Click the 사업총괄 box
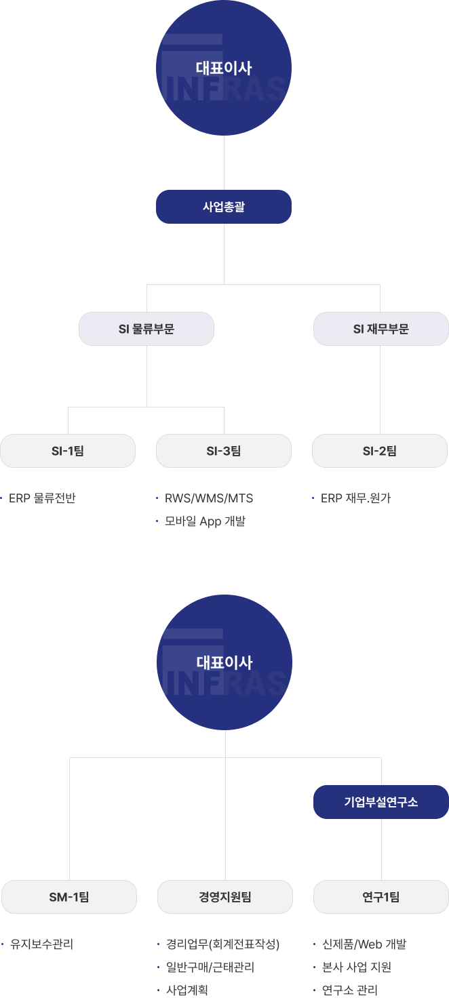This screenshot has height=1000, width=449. pyautogui.click(x=224, y=207)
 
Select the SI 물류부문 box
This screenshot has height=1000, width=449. pyautogui.click(x=147, y=329)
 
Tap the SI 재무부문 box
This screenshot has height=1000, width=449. pyautogui.click(x=380, y=329)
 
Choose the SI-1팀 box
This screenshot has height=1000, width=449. pyautogui.click(x=68, y=451)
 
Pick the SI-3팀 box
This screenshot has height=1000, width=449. pyautogui.click(x=224, y=451)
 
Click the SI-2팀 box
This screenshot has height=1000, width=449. pyautogui.click(x=380, y=451)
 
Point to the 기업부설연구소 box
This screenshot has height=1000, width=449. pyautogui.click(x=380, y=802)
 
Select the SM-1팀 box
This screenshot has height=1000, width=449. pyautogui.click(x=69, y=897)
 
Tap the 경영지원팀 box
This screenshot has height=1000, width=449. pyautogui.click(x=225, y=897)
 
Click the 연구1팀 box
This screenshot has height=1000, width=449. pyautogui.click(x=381, y=897)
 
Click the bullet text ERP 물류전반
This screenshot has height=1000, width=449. pyautogui.click(x=42, y=498)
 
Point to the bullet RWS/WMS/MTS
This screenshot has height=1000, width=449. pyautogui.click(x=209, y=498)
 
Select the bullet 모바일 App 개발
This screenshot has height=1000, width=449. pyautogui.click(x=205, y=521)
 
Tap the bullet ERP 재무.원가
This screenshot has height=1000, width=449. pyautogui.click(x=355, y=498)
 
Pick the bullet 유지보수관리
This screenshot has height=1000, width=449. pyautogui.click(x=41, y=944)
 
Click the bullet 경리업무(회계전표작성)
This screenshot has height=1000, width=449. pyautogui.click(x=222, y=944)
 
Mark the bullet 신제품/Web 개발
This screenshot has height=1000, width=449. pyautogui.click(x=364, y=944)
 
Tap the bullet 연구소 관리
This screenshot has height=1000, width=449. pyautogui.click(x=350, y=990)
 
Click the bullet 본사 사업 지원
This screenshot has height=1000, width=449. pyautogui.click(x=357, y=967)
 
